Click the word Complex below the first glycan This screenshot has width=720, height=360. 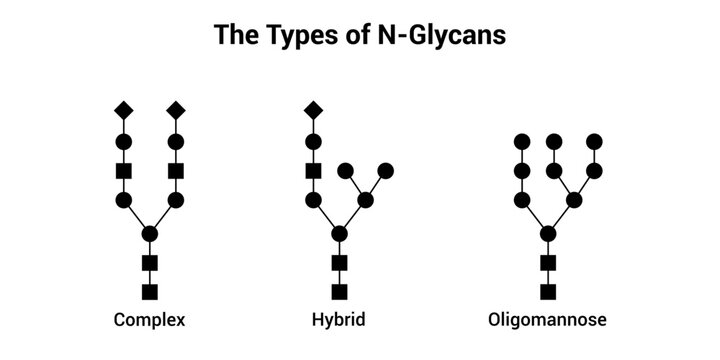pyautogui.click(x=150, y=321)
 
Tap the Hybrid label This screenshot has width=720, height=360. pyautogui.click(x=339, y=321)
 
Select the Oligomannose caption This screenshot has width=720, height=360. pyautogui.click(x=547, y=321)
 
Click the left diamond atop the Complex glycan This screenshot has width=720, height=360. pyautogui.click(x=124, y=109)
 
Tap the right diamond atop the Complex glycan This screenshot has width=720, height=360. pyautogui.click(x=176, y=109)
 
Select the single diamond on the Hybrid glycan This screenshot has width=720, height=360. pyautogui.click(x=313, y=109)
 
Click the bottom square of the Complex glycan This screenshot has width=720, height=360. pyautogui.click(x=150, y=291)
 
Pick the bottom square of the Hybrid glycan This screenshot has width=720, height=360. pyautogui.click(x=339, y=291)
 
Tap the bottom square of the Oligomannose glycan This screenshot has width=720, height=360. pyautogui.click(x=547, y=291)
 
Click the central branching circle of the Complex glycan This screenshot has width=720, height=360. pyautogui.click(x=150, y=234)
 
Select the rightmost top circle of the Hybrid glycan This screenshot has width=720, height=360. pyautogui.click(x=386, y=170)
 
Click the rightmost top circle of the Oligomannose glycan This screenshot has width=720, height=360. pyautogui.click(x=595, y=141)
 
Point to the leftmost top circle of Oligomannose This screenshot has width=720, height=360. pyautogui.click(x=521, y=141)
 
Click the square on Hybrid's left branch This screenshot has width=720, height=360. pyautogui.click(x=313, y=171)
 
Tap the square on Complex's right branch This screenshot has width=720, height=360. pyautogui.click(x=176, y=171)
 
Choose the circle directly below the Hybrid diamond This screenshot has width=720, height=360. pyautogui.click(x=313, y=141)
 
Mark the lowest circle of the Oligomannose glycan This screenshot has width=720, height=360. pyautogui.click(x=547, y=234)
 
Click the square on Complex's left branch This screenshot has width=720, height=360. pyautogui.click(x=124, y=171)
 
